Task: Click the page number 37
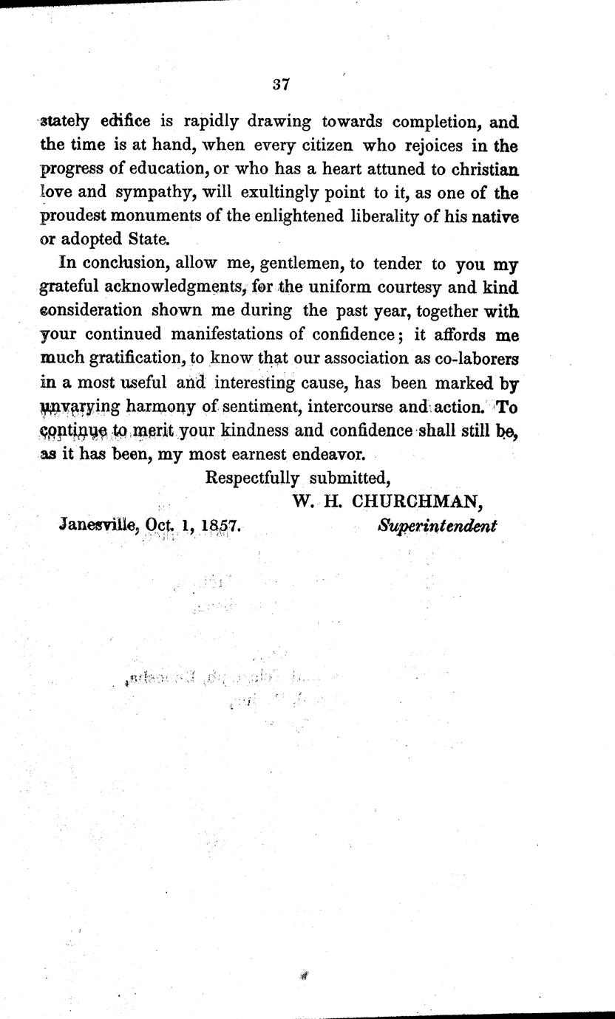(280, 84)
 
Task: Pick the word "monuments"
(186, 216)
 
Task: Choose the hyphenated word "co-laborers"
(469, 358)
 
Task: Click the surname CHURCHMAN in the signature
(417, 501)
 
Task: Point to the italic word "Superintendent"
(438, 525)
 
